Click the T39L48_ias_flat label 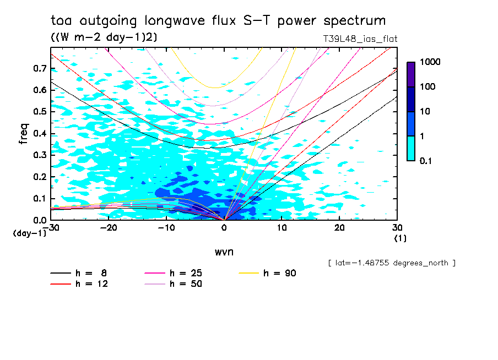360,39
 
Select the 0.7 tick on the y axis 39,69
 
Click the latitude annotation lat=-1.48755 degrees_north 391,263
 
